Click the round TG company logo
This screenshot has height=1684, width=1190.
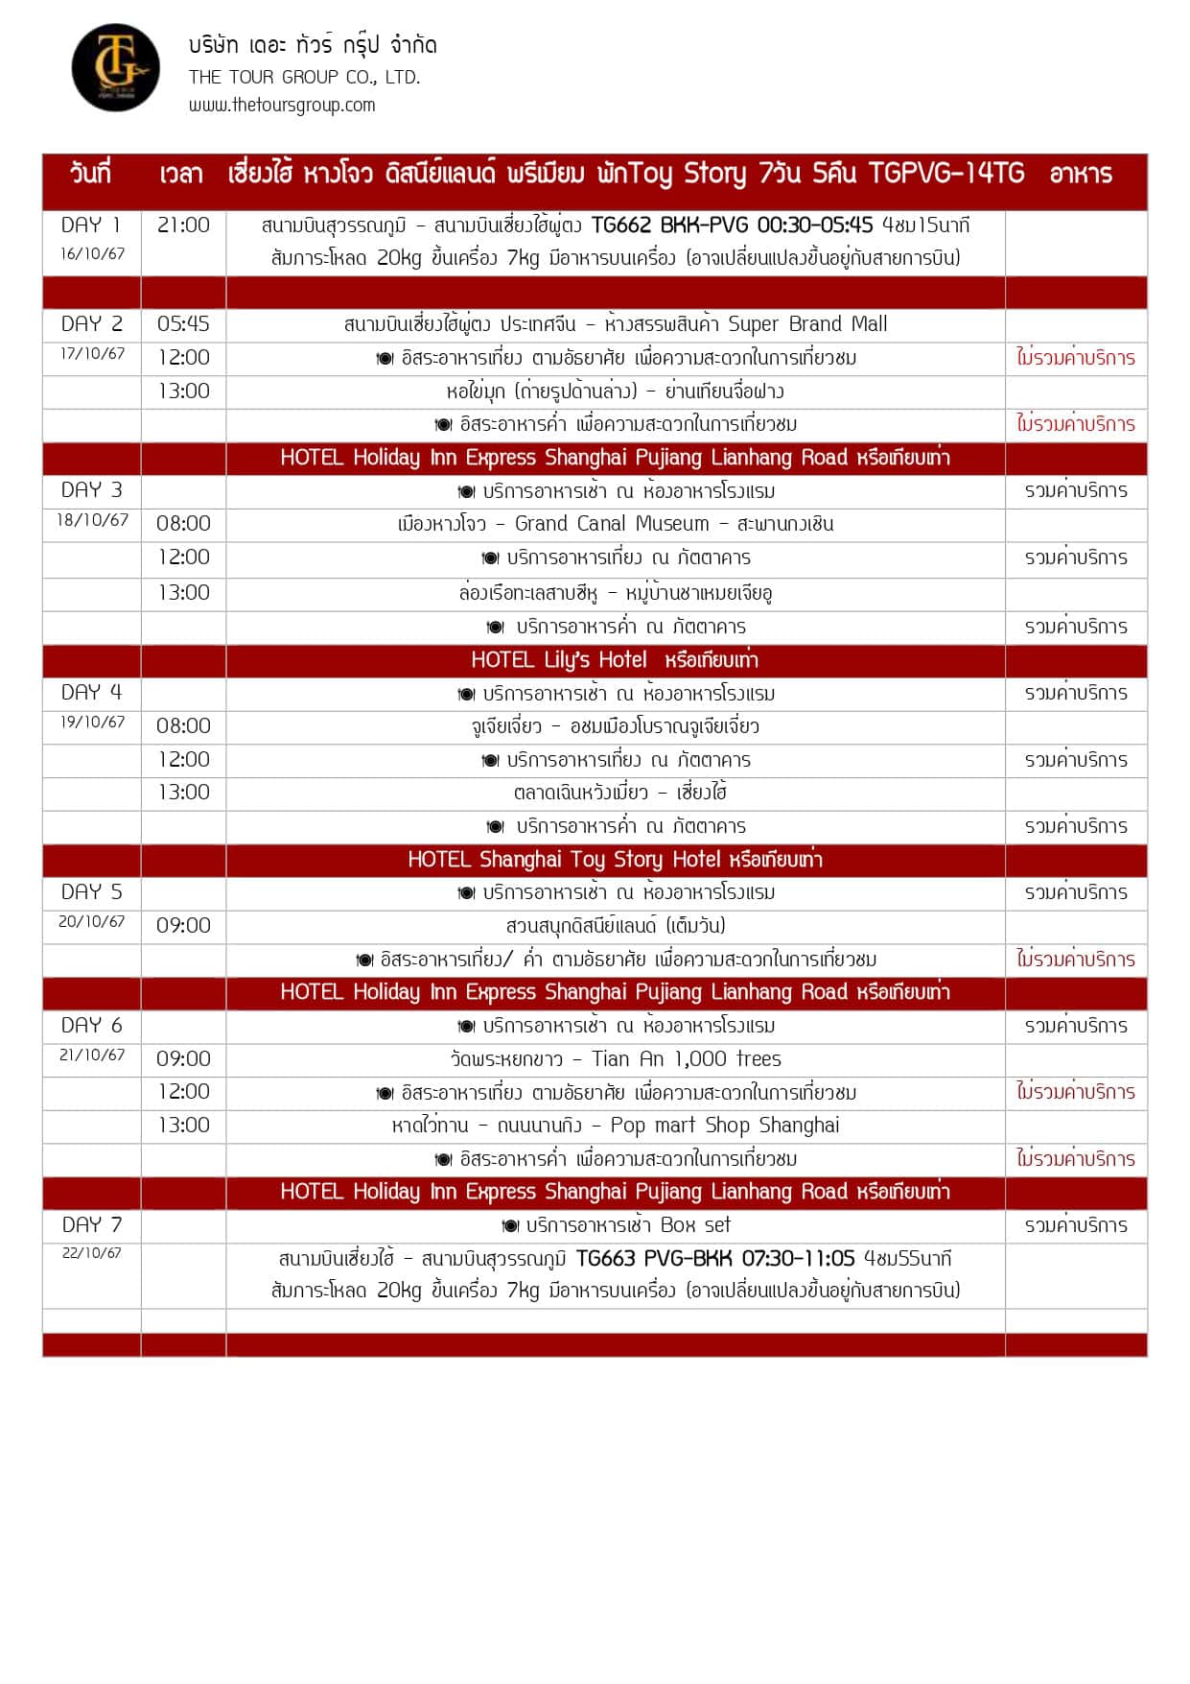click(116, 68)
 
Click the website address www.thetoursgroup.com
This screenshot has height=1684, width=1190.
click(282, 106)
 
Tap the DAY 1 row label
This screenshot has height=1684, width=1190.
click(91, 225)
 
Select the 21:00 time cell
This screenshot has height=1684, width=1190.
click(183, 225)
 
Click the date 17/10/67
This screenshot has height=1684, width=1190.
click(92, 354)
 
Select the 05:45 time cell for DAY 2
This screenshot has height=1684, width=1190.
click(183, 324)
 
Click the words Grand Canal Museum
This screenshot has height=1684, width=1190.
click(612, 524)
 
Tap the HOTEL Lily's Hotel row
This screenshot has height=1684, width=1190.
click(614, 660)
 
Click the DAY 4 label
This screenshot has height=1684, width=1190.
click(91, 693)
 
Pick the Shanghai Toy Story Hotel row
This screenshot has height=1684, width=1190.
click(614, 860)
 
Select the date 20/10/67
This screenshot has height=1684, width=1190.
click(92, 922)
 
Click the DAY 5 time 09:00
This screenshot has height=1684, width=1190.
click(183, 926)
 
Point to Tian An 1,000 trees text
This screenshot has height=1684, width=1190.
click(687, 1059)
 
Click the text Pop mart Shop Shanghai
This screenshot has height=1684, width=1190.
click(725, 1126)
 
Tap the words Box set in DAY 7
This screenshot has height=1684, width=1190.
click(695, 1225)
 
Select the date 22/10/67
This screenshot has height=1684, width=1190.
click(92, 1253)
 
